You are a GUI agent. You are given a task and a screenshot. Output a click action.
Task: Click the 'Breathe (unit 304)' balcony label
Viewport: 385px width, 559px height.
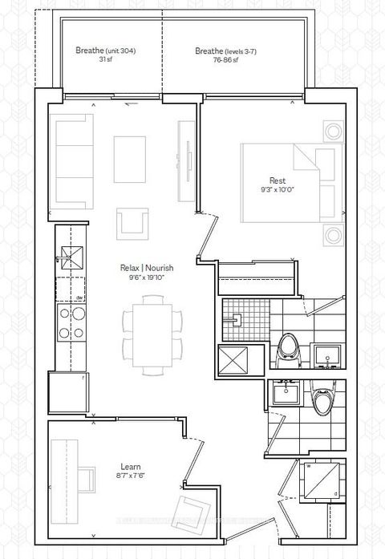coord(105,51)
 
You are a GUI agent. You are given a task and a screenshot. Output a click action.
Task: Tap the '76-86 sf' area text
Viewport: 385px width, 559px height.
coord(219,59)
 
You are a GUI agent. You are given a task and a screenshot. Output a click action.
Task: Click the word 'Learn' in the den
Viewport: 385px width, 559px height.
coord(108,465)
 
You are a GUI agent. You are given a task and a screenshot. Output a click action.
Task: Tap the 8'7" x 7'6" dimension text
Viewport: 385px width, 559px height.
coord(108,475)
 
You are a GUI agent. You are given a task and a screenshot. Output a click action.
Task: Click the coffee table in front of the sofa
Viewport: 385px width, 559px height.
coord(129,159)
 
